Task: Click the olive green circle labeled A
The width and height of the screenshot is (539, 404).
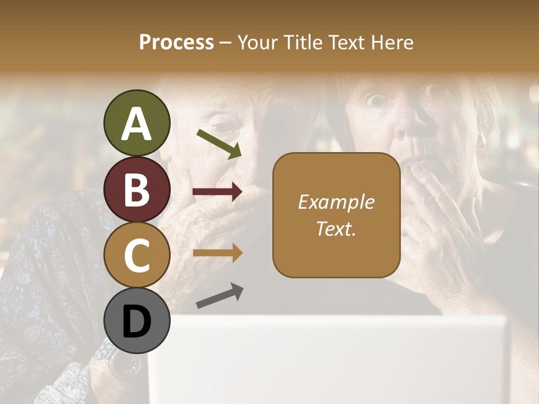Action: click(136, 123)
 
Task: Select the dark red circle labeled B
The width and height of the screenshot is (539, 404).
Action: click(136, 190)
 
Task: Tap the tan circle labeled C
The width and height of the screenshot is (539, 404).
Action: click(136, 255)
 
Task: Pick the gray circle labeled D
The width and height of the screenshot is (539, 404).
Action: click(136, 321)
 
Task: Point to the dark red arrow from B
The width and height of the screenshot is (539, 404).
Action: click(217, 192)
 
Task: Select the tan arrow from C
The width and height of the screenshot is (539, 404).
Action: click(217, 253)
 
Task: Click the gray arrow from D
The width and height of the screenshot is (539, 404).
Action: click(220, 296)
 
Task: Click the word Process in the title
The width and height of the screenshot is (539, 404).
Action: click(176, 43)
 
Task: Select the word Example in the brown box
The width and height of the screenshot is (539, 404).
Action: click(336, 202)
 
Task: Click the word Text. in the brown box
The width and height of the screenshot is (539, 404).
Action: click(336, 228)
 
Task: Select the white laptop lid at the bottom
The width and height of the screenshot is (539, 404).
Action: click(328, 359)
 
